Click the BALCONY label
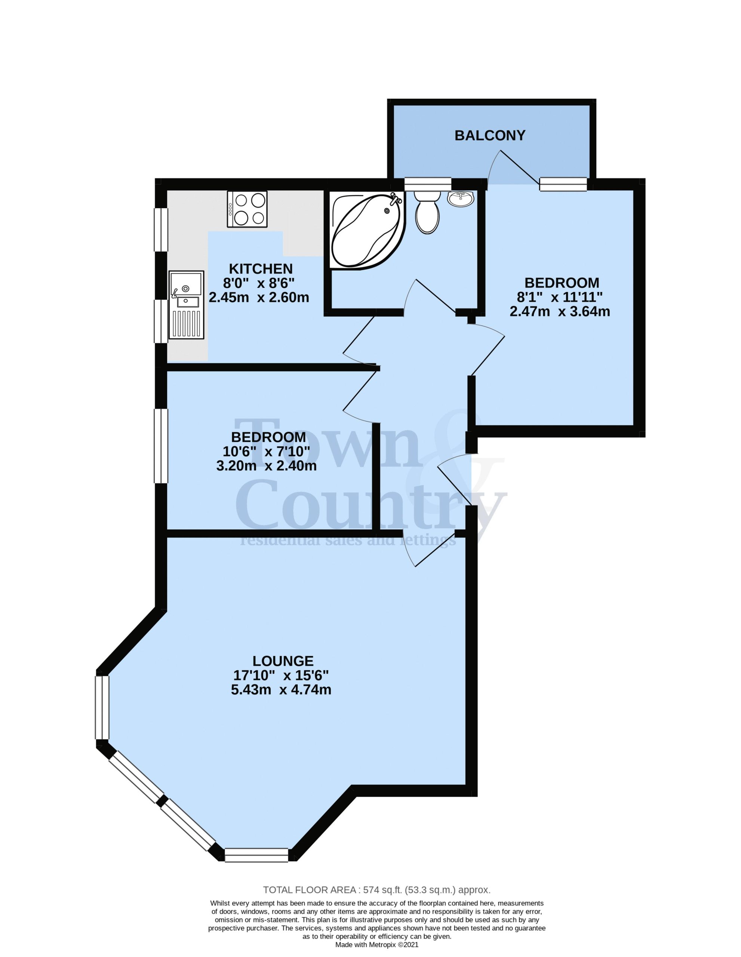pos(490,135)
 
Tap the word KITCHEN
pos(261,269)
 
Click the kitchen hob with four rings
pos(247,209)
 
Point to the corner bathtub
pos(366,231)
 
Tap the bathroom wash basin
pos(460,199)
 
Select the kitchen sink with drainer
pos(187,305)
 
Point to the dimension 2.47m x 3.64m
pos(560,311)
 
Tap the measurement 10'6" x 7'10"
pos(267,451)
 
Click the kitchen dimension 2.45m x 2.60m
pos(259,298)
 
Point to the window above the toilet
pos(428,184)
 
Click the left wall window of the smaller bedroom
pos(161,446)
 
